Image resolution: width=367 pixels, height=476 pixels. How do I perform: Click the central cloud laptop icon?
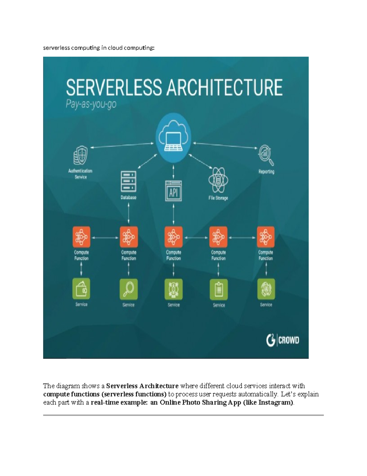173,138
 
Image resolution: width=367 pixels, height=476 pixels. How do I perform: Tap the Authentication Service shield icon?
80,155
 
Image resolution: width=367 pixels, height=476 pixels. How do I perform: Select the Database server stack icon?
128,181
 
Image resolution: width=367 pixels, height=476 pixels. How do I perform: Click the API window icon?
173,191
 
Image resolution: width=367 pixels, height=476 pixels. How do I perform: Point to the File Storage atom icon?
218,180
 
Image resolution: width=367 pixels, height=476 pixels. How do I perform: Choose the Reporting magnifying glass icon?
266,155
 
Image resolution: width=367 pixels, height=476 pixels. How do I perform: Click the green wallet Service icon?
81,288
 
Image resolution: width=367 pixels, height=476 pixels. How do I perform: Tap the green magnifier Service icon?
128,289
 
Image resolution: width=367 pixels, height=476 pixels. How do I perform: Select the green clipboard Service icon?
219,289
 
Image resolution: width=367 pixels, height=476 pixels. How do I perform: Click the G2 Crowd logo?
282,340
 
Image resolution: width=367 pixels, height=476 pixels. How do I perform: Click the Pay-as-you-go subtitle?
91,105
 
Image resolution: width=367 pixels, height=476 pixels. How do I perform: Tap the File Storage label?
218,198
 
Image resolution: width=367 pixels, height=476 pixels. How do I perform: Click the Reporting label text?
266,172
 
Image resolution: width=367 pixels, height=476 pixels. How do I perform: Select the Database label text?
128,197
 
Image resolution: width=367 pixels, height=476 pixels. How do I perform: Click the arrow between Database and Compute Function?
128,214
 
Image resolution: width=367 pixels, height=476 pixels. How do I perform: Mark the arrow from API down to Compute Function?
173,214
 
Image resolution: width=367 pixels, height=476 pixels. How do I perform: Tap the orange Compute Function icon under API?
173,237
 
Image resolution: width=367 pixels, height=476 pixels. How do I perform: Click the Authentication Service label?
80,174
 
